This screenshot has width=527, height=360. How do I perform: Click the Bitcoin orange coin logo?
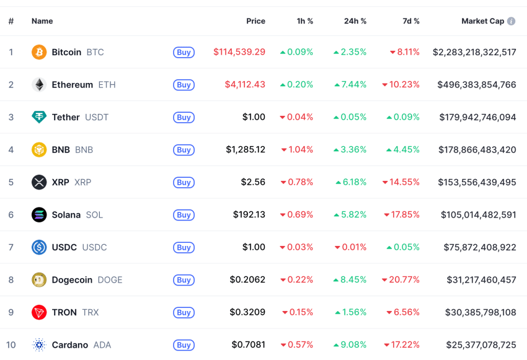pyautogui.click(x=39, y=52)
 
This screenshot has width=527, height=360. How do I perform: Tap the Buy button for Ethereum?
pyautogui.click(x=184, y=85)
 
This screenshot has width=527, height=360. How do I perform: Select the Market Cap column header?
pyautogui.click(x=482, y=21)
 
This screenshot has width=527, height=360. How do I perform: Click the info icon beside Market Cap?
pyautogui.click(x=511, y=21)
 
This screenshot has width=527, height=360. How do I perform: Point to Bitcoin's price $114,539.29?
pyautogui.click(x=239, y=52)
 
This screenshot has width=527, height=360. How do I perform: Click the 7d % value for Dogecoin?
pyautogui.click(x=401, y=280)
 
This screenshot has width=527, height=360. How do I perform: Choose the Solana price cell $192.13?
pyautogui.click(x=249, y=215)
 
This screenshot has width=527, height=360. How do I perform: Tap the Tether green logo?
pyautogui.click(x=39, y=117)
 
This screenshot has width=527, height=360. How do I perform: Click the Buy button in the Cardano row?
pyautogui.click(x=184, y=345)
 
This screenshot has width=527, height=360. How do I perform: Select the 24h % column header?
pyautogui.click(x=355, y=21)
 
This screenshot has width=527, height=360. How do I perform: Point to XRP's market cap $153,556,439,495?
pyautogui.click(x=477, y=182)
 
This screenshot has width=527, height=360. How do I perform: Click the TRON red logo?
pyautogui.click(x=39, y=312)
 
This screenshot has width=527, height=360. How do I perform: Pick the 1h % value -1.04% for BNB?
pyautogui.click(x=297, y=150)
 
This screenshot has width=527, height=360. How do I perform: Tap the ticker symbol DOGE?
pyautogui.click(x=110, y=280)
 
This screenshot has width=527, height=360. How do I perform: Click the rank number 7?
pyautogui.click(x=11, y=247)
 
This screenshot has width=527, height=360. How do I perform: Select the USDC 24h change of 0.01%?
pyautogui.click(x=350, y=247)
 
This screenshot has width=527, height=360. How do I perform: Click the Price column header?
pyautogui.click(x=255, y=21)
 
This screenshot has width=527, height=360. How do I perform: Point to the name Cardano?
pyautogui.click(x=70, y=345)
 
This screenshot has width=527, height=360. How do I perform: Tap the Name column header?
pyautogui.click(x=42, y=21)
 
